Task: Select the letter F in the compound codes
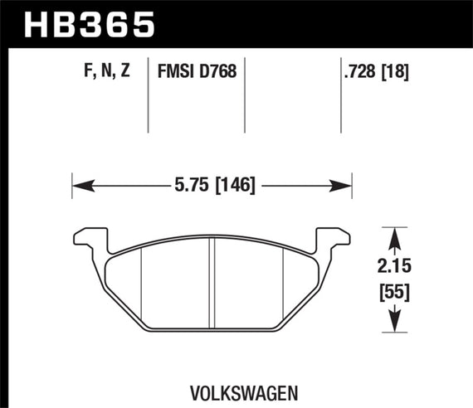(x=88, y=72)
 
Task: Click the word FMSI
(x=175, y=72)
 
